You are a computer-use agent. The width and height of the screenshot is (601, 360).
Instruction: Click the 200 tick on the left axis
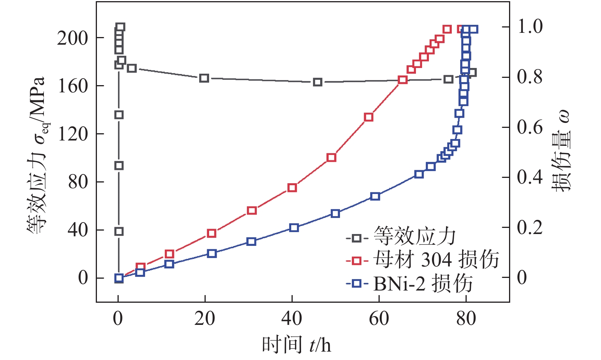(73, 38)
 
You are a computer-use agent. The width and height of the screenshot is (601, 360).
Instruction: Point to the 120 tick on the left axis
(73, 134)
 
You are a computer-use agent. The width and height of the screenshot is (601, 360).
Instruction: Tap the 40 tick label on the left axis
(77, 230)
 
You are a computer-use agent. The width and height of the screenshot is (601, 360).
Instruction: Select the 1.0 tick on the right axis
(530, 27)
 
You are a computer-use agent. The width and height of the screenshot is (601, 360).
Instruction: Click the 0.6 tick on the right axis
(530, 127)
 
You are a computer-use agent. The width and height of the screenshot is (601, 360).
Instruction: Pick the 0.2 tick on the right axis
(530, 228)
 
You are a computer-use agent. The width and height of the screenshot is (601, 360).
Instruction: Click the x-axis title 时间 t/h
(296, 345)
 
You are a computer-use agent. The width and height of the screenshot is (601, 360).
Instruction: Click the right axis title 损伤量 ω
(561, 151)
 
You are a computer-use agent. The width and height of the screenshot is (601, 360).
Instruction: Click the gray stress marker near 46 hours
(317, 82)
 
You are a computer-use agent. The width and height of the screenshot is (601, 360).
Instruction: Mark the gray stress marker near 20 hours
(204, 78)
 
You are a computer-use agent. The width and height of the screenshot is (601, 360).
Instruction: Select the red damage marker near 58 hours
(369, 117)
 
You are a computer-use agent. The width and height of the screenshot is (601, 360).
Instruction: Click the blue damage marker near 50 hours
(335, 213)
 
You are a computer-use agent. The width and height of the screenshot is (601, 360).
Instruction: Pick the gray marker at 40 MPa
(119, 231)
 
